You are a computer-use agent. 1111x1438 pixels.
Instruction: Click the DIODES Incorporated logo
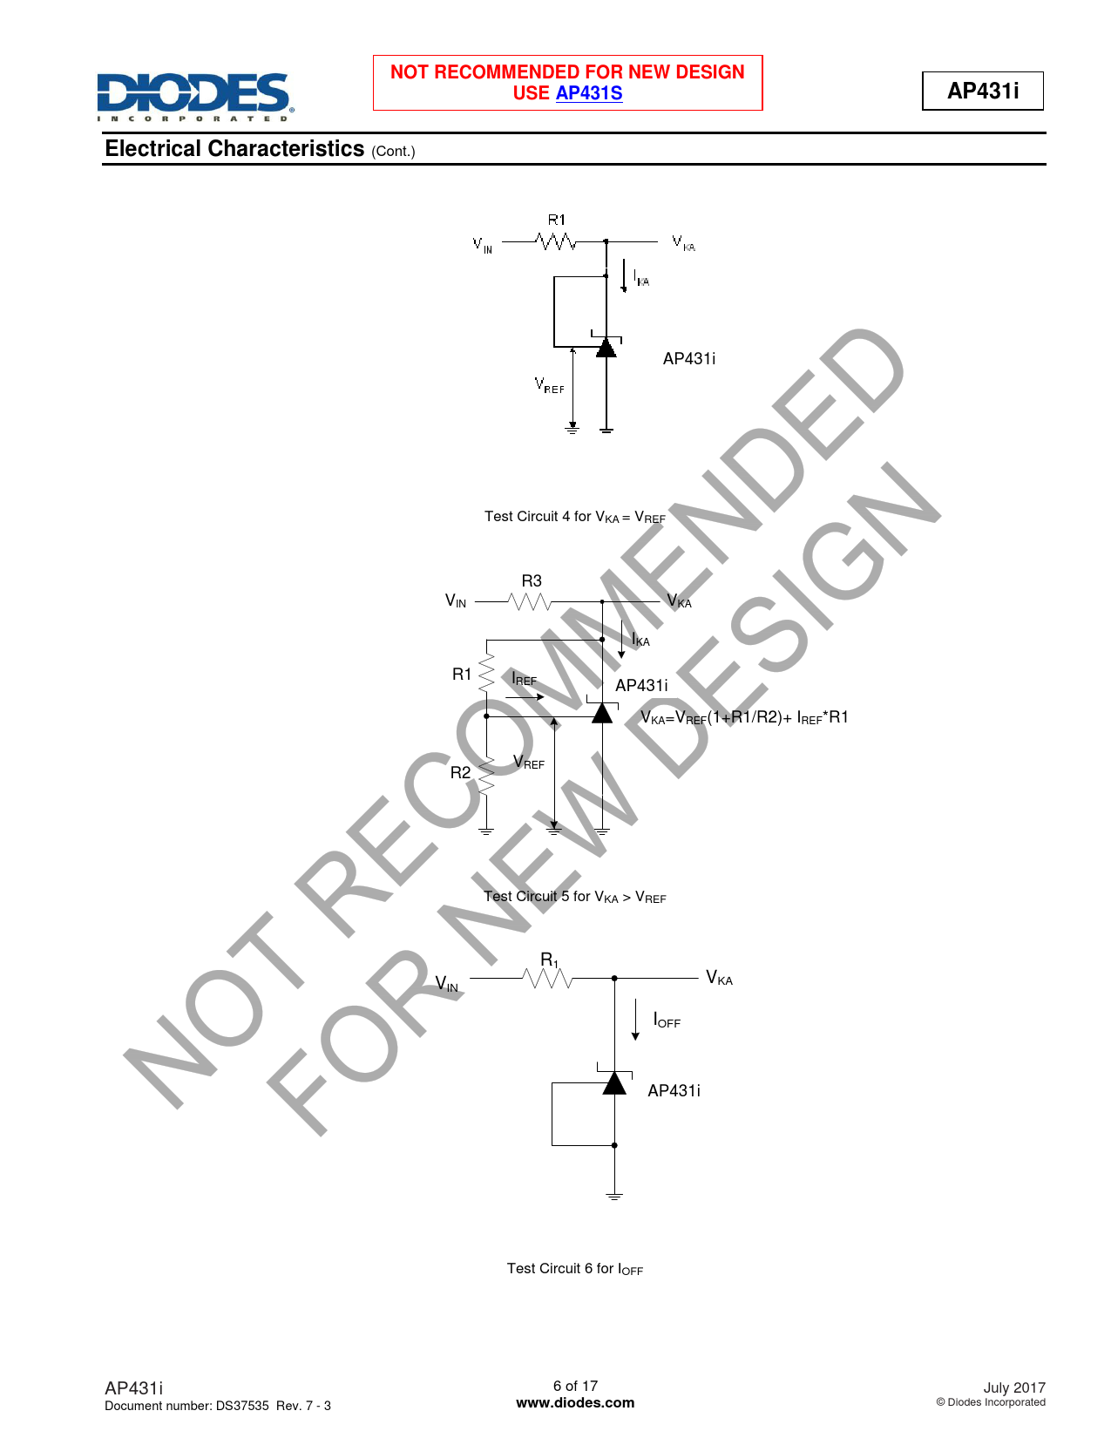[195, 97]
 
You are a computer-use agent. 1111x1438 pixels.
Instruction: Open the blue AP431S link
[588, 93]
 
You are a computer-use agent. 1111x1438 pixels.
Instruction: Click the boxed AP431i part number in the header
[982, 91]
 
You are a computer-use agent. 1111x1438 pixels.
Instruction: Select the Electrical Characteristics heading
[234, 149]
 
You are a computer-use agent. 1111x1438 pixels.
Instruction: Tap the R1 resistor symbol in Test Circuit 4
[556, 241]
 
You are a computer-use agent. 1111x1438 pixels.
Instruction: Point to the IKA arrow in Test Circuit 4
[623, 275]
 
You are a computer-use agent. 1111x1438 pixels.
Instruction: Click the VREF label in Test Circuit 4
[549, 385]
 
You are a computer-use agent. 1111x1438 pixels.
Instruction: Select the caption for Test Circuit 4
[574, 517]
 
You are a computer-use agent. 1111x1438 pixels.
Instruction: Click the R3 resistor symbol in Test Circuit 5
[530, 601]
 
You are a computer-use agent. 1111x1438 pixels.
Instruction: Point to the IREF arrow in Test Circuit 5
[525, 697]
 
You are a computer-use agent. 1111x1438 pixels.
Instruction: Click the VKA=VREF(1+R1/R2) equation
[744, 717]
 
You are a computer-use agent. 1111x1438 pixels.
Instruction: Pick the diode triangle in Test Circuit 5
[601, 713]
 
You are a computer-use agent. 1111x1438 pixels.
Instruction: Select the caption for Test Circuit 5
[574, 897]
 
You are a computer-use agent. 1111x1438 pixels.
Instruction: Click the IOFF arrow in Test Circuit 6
[635, 1020]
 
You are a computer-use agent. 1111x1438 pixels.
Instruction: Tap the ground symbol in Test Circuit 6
[614, 1196]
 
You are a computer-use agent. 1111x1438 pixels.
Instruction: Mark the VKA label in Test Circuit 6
[719, 978]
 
